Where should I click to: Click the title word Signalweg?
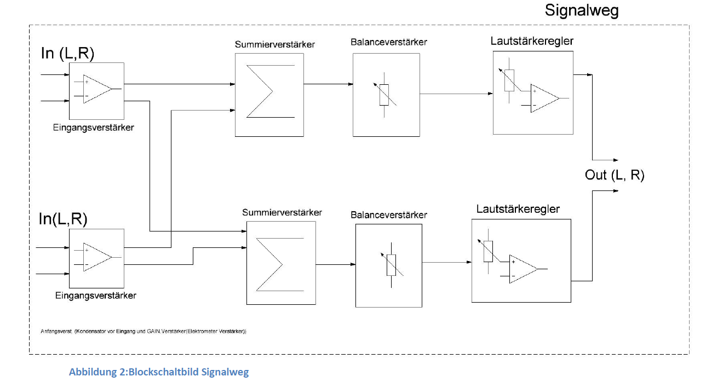coord(581,10)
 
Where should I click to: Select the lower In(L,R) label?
coord(63,219)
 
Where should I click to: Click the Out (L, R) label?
coord(615,175)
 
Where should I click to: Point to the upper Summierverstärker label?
coord(275,44)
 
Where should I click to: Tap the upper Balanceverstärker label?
coord(389,42)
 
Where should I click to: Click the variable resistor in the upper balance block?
coord(384,94)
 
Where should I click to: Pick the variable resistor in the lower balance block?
coord(391,265)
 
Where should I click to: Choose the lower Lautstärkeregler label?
coord(518,209)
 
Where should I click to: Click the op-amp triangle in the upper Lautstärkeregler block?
coord(544,99)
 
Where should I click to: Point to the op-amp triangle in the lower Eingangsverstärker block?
coord(96,257)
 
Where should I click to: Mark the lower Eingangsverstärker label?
coord(96,296)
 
